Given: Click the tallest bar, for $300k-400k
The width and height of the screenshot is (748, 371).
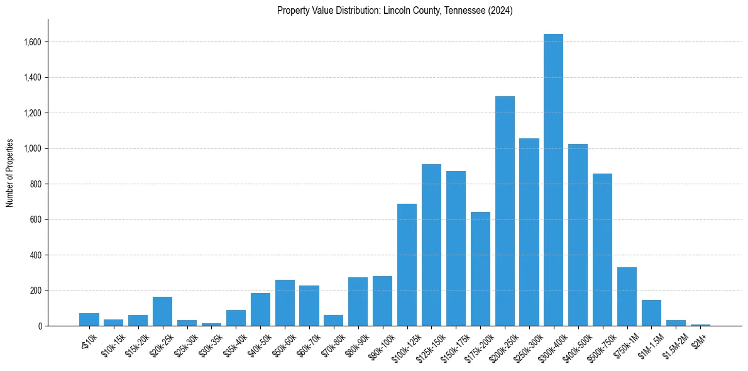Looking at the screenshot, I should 553,180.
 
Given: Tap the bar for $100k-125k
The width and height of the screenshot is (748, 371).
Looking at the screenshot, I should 407,265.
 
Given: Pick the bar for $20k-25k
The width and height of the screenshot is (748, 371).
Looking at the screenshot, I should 162,311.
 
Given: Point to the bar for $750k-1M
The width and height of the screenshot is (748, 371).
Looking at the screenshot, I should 627,297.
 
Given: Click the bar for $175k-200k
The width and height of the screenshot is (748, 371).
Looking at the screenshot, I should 480,269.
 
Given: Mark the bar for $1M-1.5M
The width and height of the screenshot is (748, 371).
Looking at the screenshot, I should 651,313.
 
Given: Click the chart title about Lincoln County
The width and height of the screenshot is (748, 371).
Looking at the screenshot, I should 395,11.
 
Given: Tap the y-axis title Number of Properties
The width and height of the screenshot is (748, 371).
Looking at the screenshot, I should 10,173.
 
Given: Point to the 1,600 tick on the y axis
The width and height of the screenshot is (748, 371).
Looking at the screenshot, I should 33,42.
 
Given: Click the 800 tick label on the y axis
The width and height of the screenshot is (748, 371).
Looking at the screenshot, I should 36,184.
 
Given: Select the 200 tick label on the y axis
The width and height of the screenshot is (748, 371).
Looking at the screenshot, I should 36,291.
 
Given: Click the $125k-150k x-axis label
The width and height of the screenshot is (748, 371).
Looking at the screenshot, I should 429,345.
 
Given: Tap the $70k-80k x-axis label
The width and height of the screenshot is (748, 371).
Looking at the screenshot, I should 331,344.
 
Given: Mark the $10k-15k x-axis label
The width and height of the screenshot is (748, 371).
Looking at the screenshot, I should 111,344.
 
